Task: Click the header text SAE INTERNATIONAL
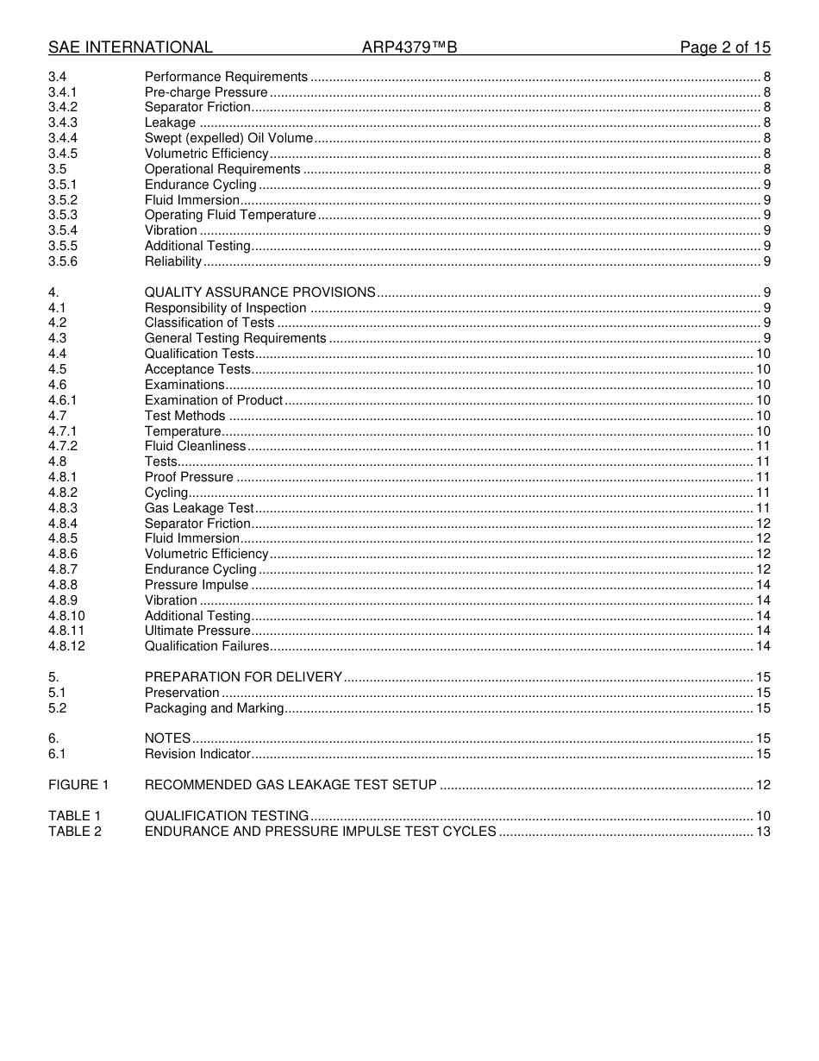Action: click(x=130, y=47)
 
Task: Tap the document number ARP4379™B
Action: click(x=409, y=47)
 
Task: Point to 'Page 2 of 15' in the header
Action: click(x=725, y=47)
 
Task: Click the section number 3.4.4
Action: click(x=63, y=138)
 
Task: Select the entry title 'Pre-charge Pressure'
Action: click(x=206, y=92)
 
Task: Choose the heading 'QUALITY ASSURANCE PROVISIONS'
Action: click(x=259, y=292)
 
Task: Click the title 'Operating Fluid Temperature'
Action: click(x=230, y=215)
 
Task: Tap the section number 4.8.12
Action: click(x=66, y=646)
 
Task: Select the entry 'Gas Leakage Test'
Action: click(x=199, y=508)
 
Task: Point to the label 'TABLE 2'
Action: click(x=75, y=832)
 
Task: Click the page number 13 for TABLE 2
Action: click(x=762, y=832)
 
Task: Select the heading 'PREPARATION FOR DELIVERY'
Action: click(x=243, y=677)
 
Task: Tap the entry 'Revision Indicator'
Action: click(x=197, y=754)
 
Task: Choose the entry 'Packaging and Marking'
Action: click(x=214, y=708)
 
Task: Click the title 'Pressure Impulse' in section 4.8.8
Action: click(x=197, y=585)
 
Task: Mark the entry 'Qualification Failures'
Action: click(x=207, y=646)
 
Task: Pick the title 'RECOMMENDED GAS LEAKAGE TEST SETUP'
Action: click(x=291, y=785)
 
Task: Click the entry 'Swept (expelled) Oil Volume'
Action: click(x=228, y=138)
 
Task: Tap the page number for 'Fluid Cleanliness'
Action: click(x=762, y=446)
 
